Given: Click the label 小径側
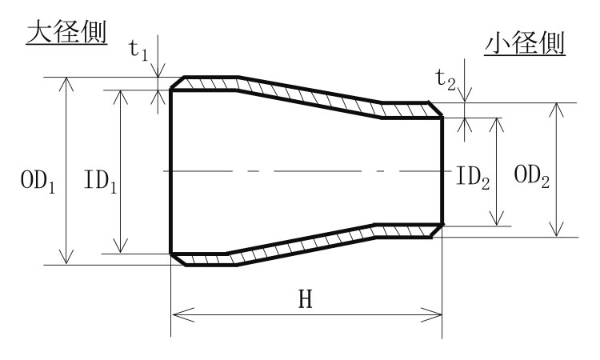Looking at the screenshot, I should tap(525, 45).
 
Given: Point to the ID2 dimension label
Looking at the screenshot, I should tap(472, 178).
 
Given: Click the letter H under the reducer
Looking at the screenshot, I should tap(305, 299).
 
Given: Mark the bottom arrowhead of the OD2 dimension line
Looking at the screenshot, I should tap(554, 232).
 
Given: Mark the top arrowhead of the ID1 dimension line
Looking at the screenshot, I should tap(122, 94).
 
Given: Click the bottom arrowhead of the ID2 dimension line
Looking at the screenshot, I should tap(498, 220).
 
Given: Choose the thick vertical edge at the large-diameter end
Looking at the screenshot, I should tap(171, 171).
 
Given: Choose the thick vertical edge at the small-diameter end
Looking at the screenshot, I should tap(442, 171).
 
